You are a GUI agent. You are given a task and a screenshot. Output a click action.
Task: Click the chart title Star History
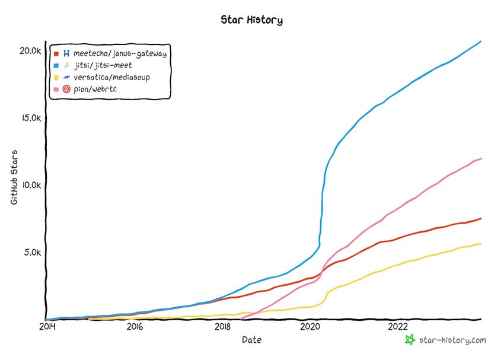[x=251, y=20]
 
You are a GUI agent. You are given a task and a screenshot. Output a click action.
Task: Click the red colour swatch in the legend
[x=56, y=54]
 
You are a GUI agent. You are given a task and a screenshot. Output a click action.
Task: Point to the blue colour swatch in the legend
[x=56, y=66]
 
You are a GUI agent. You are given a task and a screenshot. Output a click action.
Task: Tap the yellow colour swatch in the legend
[x=56, y=77]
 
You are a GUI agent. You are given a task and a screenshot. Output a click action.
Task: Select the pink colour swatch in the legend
[x=56, y=89]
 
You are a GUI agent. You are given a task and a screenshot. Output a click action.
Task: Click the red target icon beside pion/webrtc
[x=67, y=89]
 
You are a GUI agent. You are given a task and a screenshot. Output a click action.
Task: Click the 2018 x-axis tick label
[x=222, y=327]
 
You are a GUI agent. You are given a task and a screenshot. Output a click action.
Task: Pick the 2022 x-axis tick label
[x=398, y=327]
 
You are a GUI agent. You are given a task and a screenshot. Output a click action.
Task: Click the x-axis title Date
[x=251, y=340]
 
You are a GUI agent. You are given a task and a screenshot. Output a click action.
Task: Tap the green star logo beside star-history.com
[x=409, y=340]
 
